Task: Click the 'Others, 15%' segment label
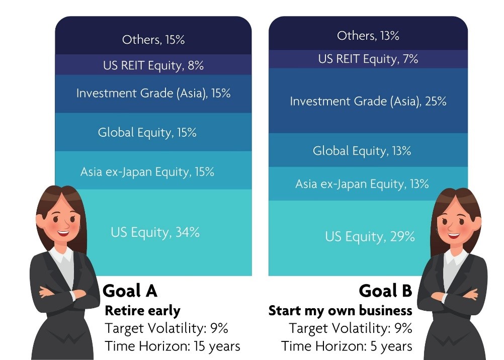click(x=153, y=40)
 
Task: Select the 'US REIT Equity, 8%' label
click(x=153, y=65)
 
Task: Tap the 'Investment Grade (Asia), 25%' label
click(x=368, y=101)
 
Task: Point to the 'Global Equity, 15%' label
click(x=147, y=132)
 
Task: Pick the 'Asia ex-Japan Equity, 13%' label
click(x=362, y=184)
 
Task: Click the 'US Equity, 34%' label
click(x=155, y=232)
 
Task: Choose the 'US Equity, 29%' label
click(x=370, y=237)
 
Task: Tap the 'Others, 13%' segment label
click(x=368, y=35)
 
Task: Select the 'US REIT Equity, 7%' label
click(x=368, y=59)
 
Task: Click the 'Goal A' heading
click(x=130, y=291)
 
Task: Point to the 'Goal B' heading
click(x=385, y=291)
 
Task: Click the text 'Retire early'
click(x=142, y=311)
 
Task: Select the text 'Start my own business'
click(x=341, y=311)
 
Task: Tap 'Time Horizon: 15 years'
click(x=173, y=346)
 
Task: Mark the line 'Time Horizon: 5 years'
click(x=347, y=346)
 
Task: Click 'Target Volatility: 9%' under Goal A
click(x=166, y=328)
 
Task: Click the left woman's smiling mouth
click(x=63, y=233)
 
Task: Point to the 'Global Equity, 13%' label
click(x=362, y=151)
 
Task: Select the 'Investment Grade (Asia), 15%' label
click(x=153, y=93)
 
